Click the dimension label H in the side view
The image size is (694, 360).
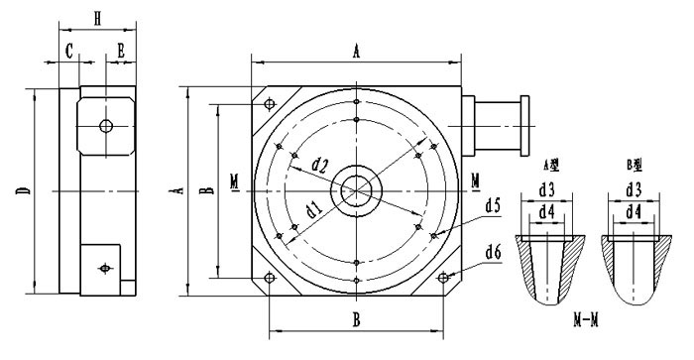(96, 17)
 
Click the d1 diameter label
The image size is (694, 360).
(312, 209)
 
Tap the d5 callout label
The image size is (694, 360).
(493, 205)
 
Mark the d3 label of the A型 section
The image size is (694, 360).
(546, 189)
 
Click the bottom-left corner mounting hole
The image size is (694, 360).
(269, 278)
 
